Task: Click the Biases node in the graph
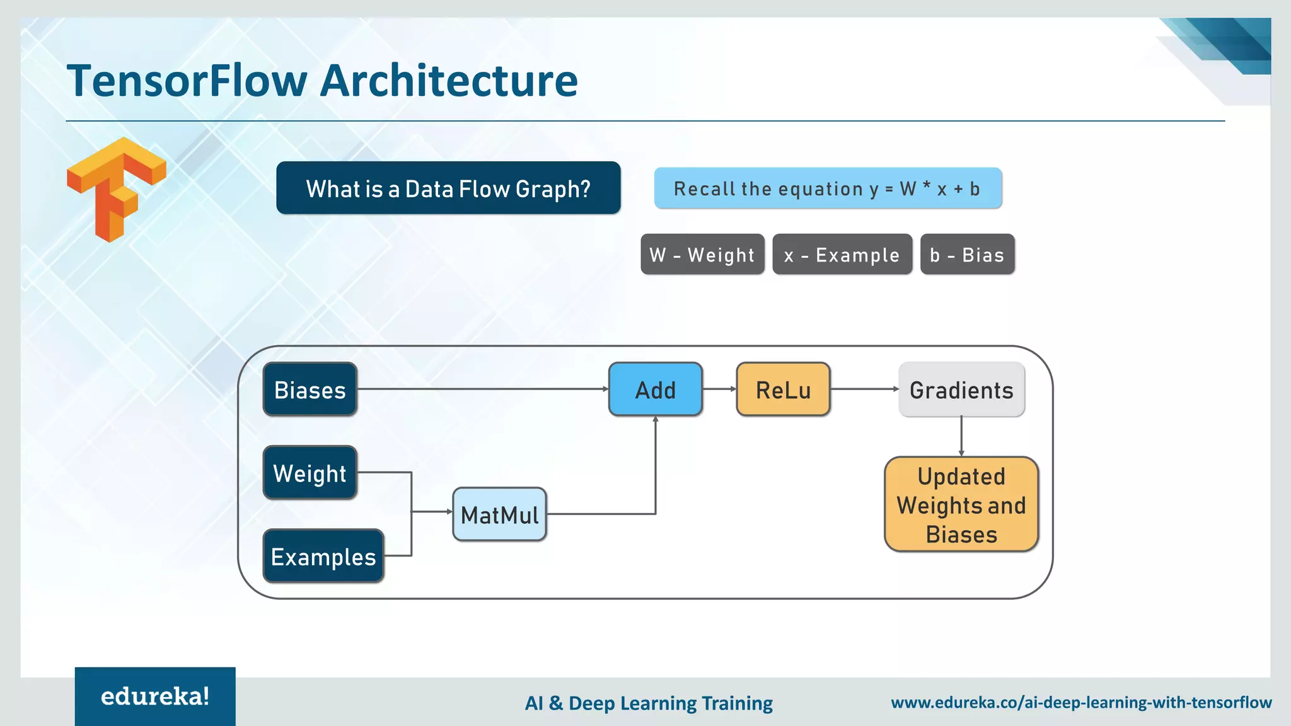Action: click(310, 389)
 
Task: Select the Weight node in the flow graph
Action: click(310, 473)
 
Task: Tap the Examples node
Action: click(323, 556)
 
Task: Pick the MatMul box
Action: click(499, 514)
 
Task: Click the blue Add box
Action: click(656, 389)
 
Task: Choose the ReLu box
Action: click(783, 389)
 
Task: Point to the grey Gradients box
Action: click(961, 389)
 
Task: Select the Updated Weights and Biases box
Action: click(961, 505)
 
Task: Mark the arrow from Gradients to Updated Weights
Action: click(961, 436)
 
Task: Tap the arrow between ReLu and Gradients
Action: click(864, 389)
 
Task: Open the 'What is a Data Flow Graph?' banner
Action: click(448, 188)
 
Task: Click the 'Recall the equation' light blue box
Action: click(828, 188)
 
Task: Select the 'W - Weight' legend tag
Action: click(702, 255)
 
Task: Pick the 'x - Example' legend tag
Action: click(842, 255)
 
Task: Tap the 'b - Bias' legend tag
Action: click(967, 255)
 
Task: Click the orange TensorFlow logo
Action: click(117, 189)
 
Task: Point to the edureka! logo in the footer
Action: click(155, 696)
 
